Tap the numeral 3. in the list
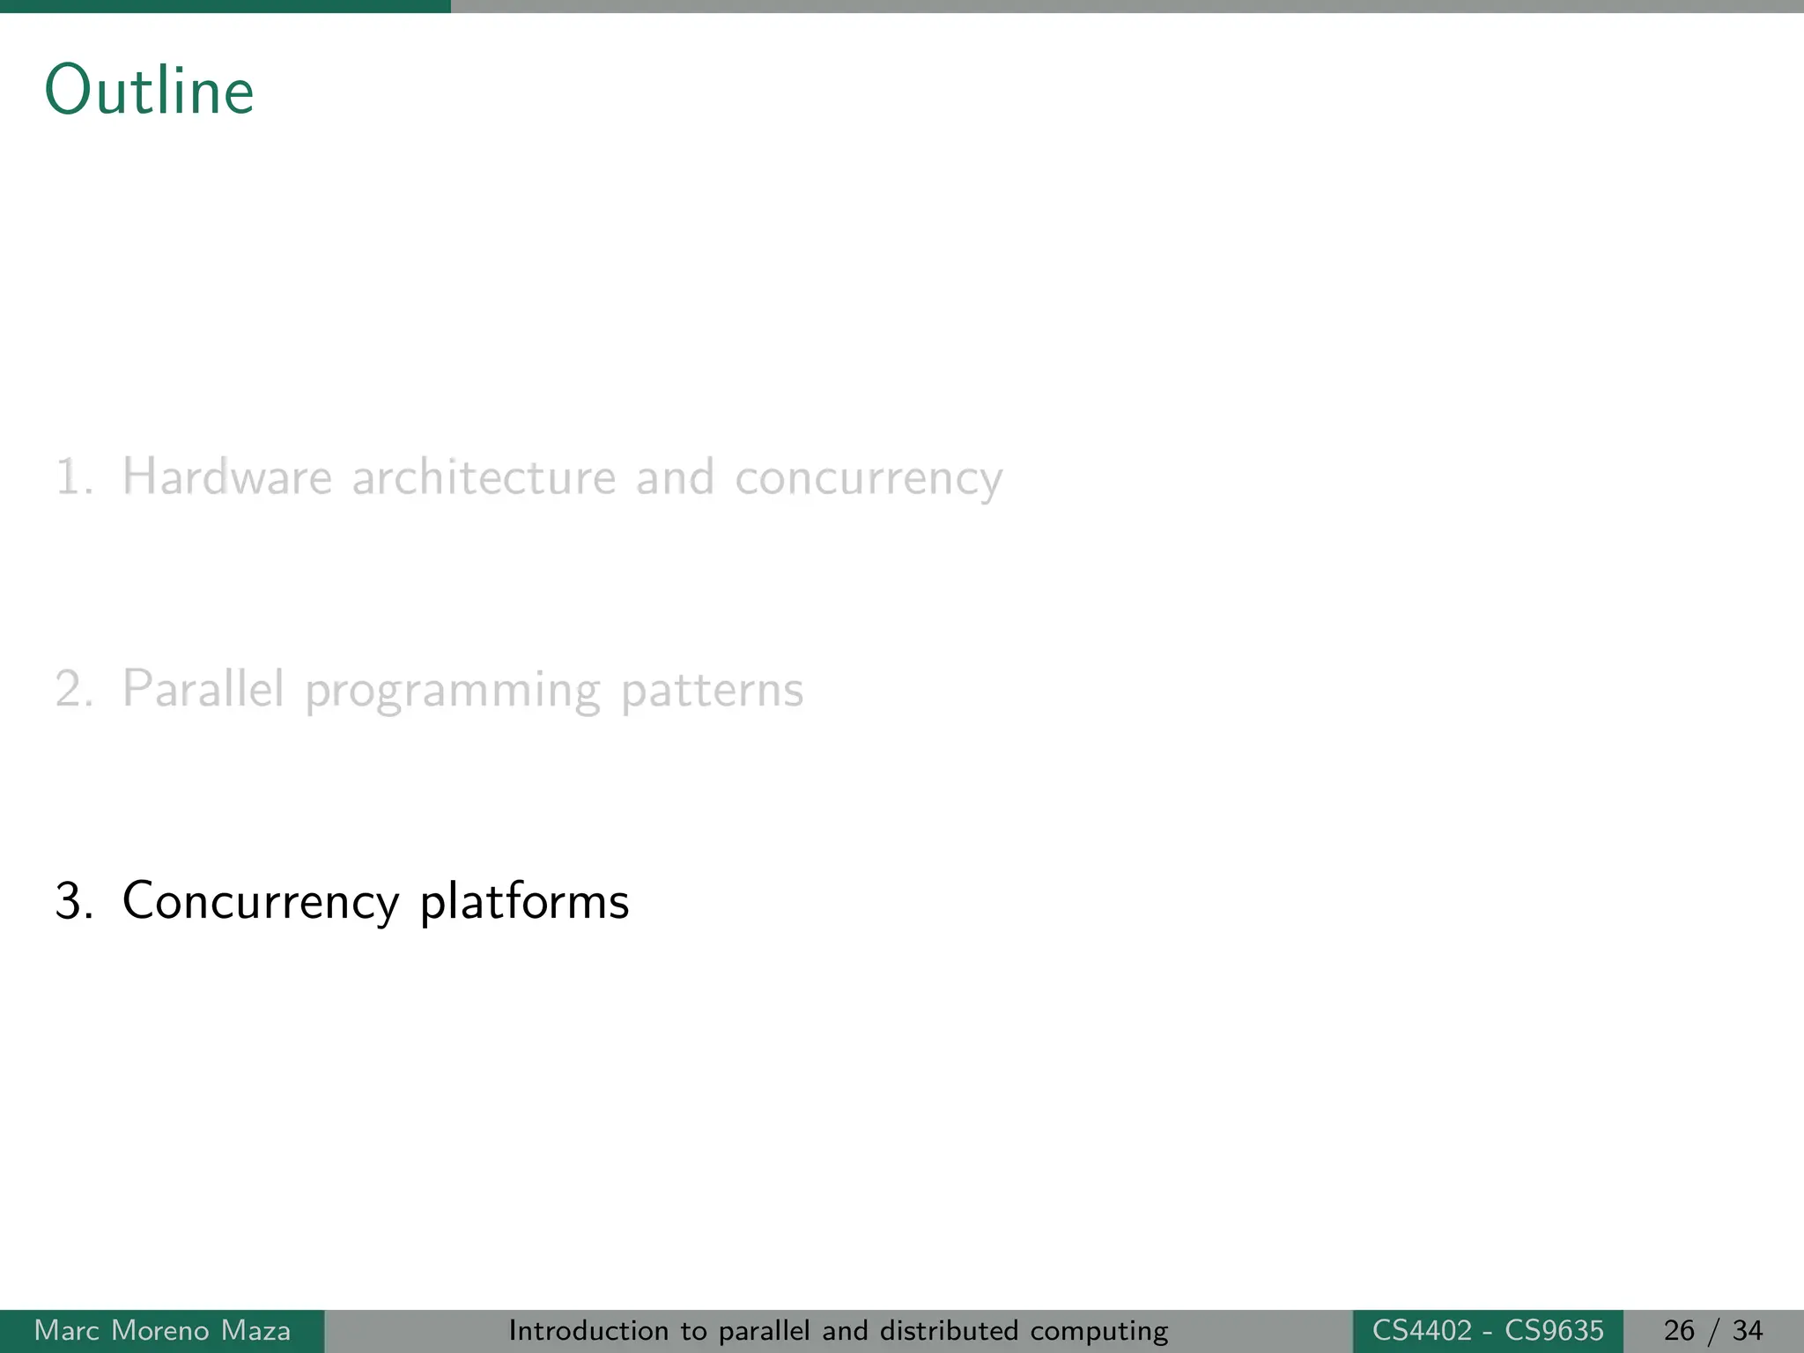pos(74,901)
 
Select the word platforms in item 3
pos(524,901)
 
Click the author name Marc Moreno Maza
pos(162,1330)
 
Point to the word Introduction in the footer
pos(589,1330)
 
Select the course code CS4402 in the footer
pos(1422,1330)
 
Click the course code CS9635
pos(1554,1330)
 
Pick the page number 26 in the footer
pos(1679,1330)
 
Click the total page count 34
pos(1748,1330)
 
